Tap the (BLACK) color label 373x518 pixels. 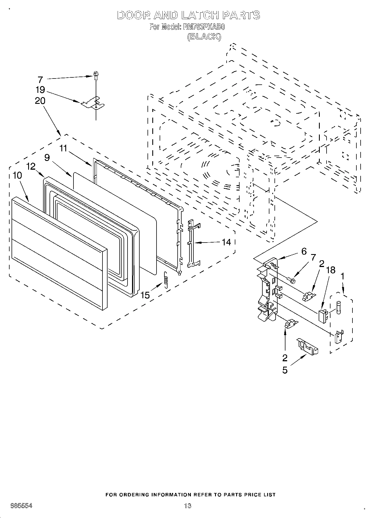(x=204, y=37)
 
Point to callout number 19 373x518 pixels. (x=40, y=90)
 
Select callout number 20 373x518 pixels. (x=40, y=101)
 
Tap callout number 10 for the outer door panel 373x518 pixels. (x=17, y=175)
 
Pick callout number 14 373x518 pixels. (x=226, y=242)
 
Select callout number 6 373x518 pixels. (x=304, y=251)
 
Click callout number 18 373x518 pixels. (x=330, y=270)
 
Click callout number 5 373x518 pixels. (x=285, y=370)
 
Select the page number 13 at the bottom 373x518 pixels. (x=187, y=505)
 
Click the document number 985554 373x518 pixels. (x=21, y=506)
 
